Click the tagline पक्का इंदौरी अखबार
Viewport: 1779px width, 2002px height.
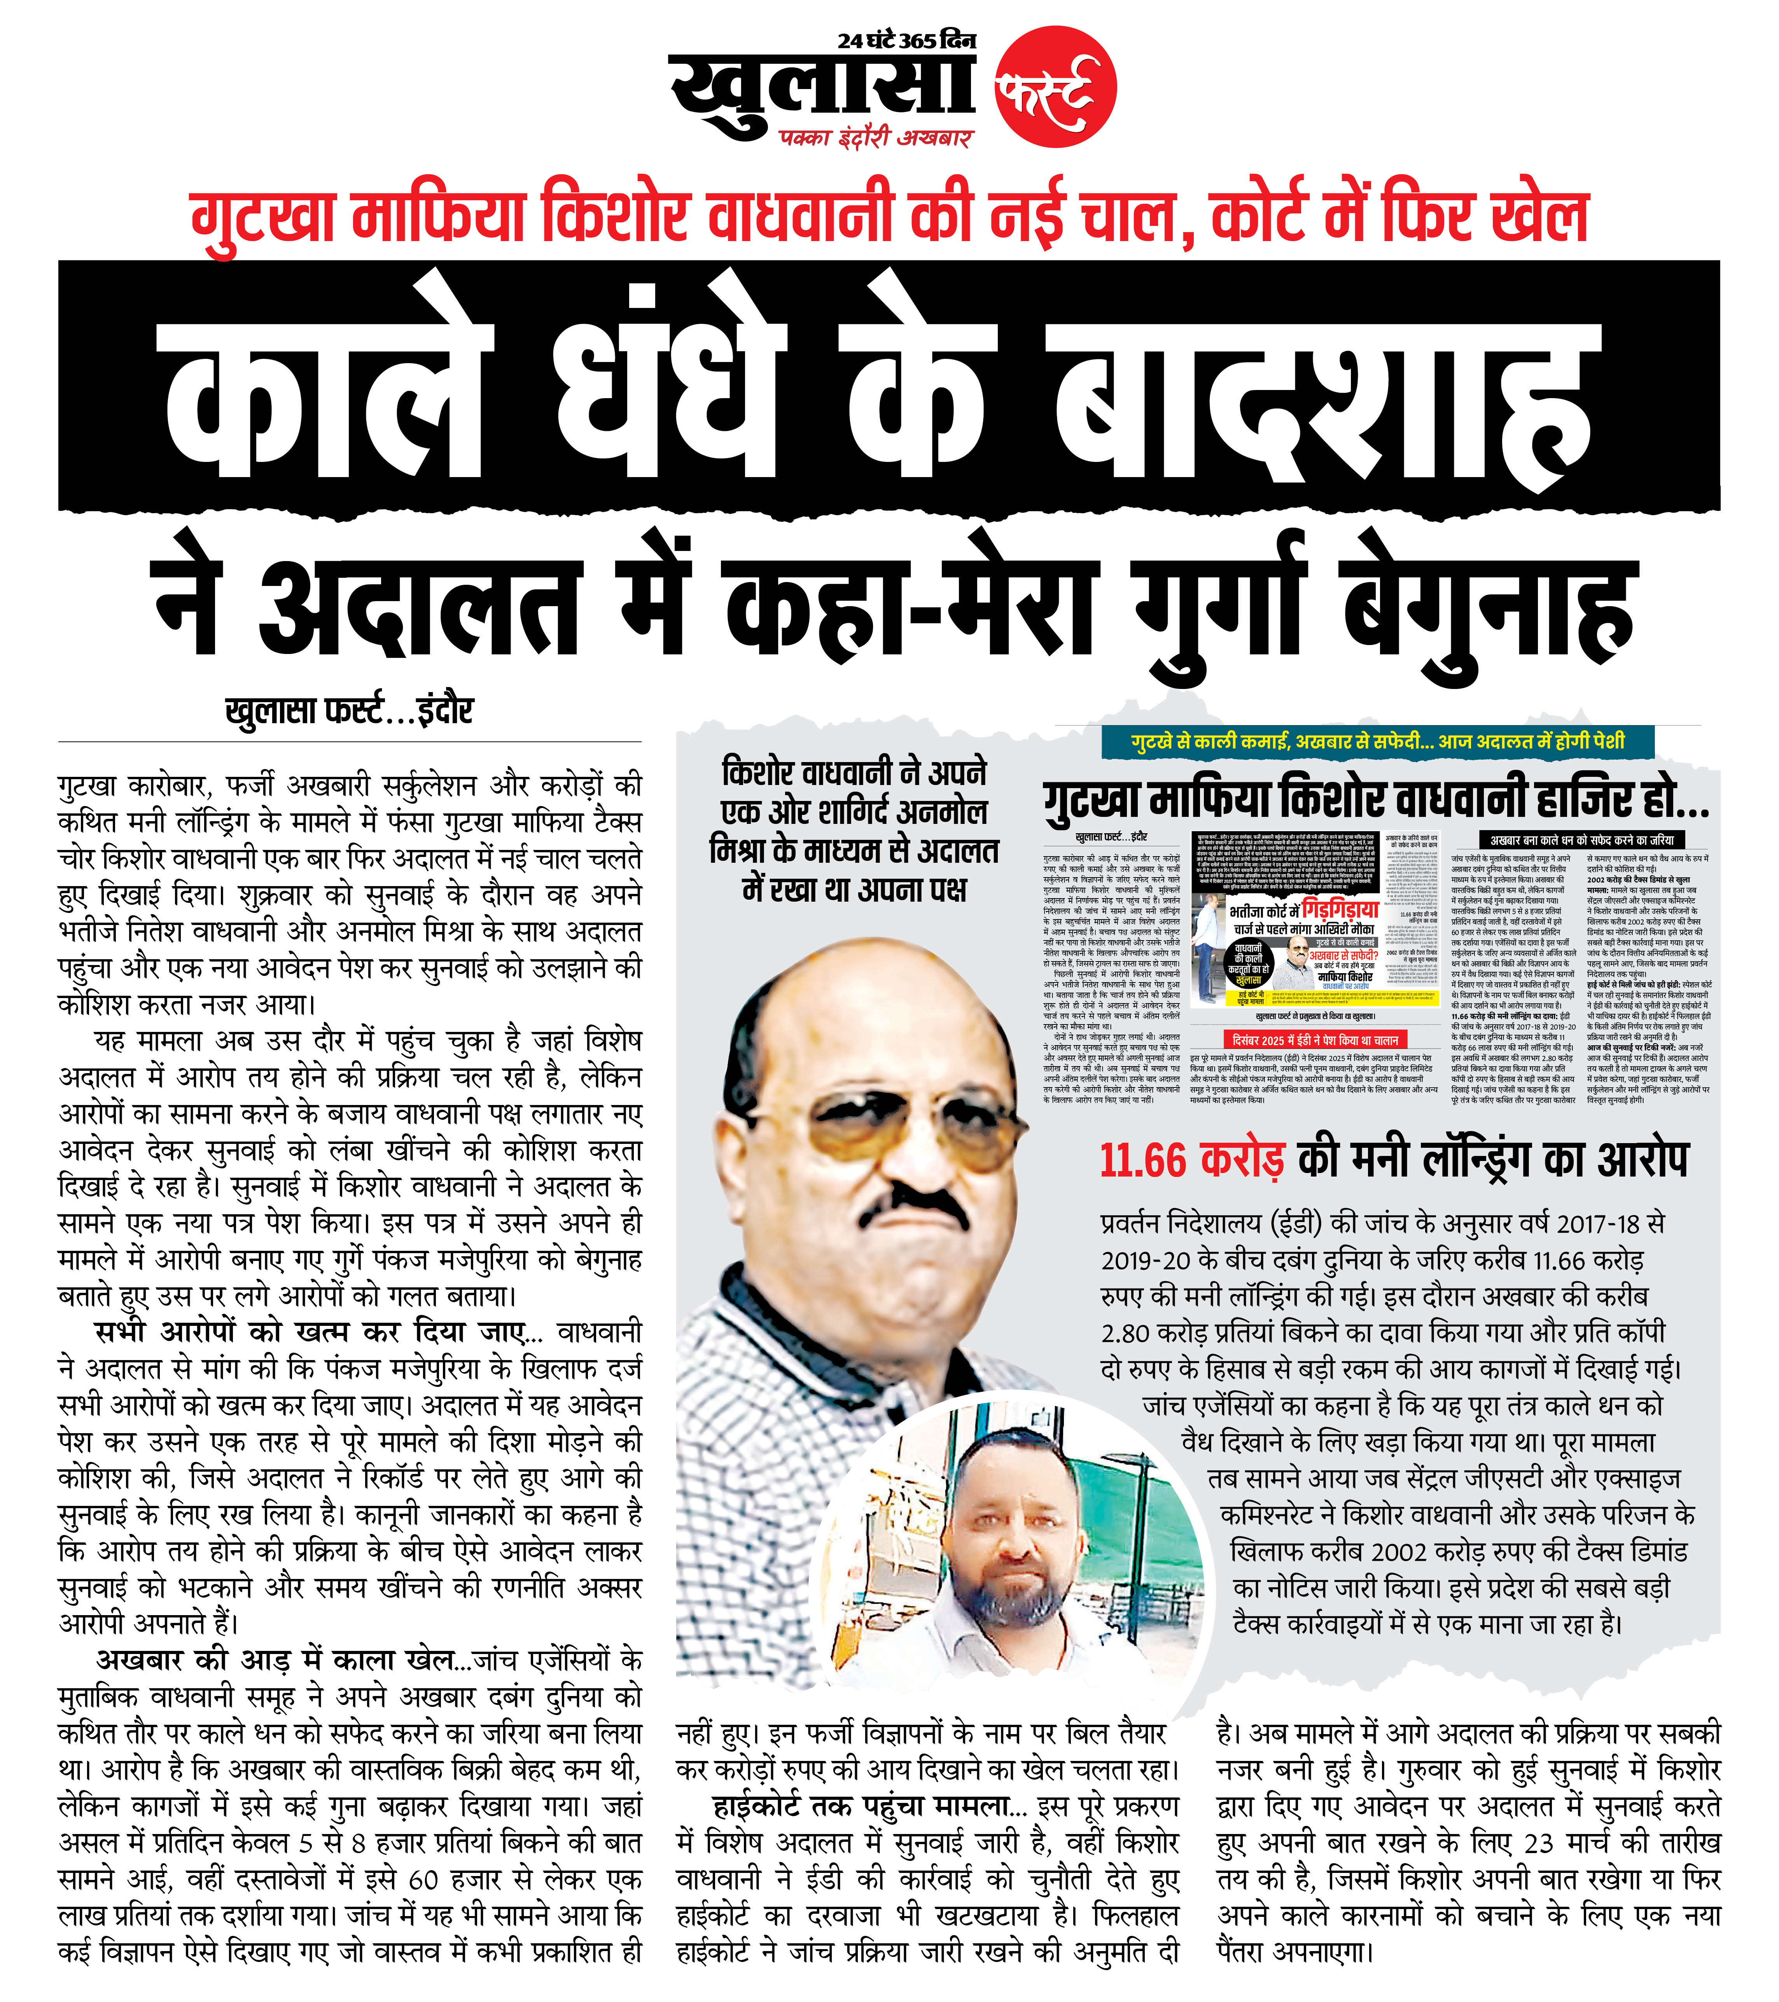pos(875,137)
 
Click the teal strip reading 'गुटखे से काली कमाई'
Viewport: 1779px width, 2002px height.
pos(1377,741)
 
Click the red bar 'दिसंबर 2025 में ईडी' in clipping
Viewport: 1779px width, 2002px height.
pos(1315,1039)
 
